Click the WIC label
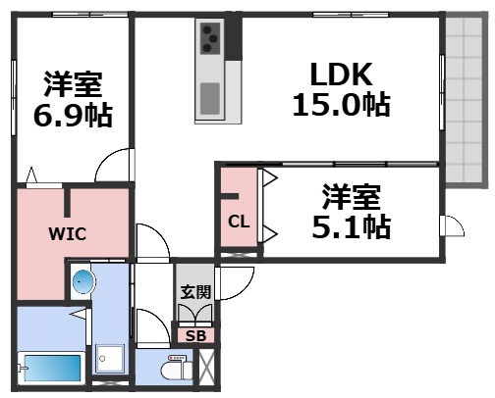point(69,234)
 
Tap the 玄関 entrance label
point(194,292)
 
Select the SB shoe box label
point(194,336)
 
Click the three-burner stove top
point(211,40)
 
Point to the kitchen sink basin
point(210,98)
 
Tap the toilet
point(173,372)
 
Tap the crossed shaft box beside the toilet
point(208,370)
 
